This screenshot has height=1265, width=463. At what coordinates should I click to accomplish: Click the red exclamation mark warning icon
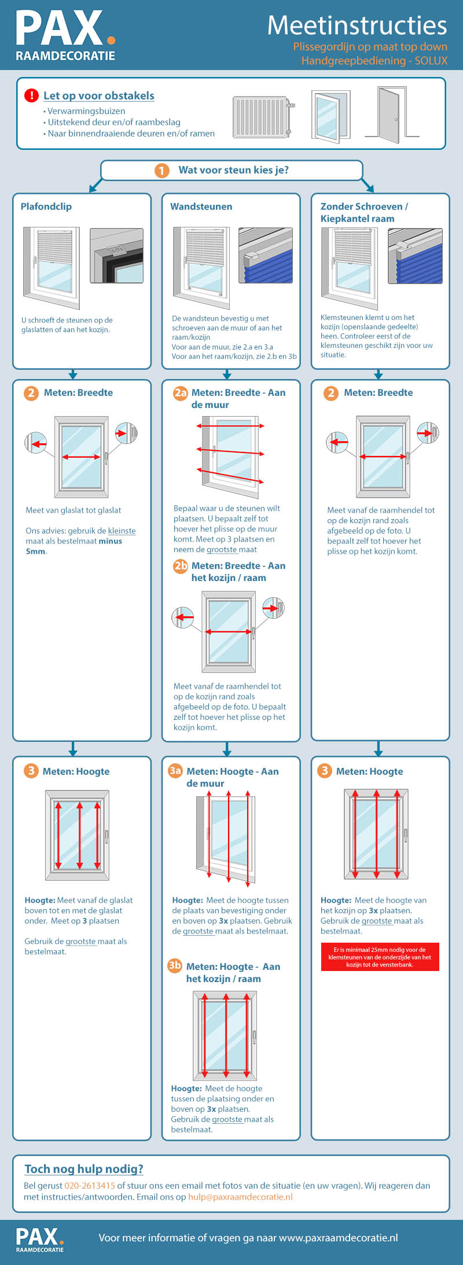click(x=31, y=95)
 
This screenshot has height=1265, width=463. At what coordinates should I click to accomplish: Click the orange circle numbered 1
click(x=161, y=170)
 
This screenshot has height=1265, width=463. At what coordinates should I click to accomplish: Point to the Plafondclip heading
click(x=46, y=207)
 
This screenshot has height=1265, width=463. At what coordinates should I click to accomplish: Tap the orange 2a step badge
click(x=181, y=393)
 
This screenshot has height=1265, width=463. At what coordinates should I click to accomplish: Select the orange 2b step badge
click(x=181, y=566)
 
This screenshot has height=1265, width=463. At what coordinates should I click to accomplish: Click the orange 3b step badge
click(x=175, y=965)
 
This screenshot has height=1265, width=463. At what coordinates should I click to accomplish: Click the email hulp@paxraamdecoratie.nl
click(x=240, y=1197)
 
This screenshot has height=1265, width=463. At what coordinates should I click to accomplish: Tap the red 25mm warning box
click(x=380, y=957)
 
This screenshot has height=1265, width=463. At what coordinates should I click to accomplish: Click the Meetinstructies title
click(x=357, y=25)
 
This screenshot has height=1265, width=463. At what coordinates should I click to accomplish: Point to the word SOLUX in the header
click(x=431, y=61)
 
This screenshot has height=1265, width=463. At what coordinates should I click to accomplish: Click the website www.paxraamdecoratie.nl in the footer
click(x=339, y=1238)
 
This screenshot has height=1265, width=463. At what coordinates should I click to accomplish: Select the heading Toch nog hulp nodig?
click(x=84, y=1168)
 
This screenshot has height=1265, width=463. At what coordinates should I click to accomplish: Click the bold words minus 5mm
click(x=74, y=546)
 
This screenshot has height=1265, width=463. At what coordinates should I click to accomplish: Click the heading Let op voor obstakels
click(x=99, y=96)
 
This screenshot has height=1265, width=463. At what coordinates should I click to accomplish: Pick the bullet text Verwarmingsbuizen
click(x=86, y=111)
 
